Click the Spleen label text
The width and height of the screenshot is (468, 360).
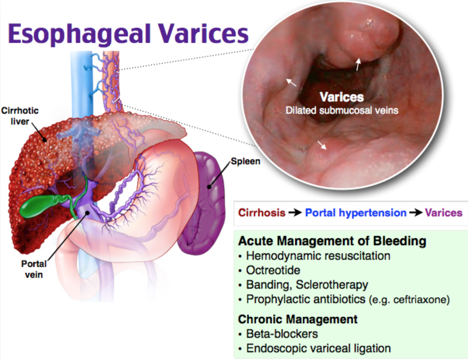[x=246, y=161]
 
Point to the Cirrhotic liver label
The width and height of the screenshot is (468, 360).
[x=20, y=116]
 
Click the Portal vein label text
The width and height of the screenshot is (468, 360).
[x=34, y=269]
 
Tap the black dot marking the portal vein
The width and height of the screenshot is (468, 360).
[x=87, y=213]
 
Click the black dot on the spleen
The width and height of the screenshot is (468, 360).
[x=209, y=187]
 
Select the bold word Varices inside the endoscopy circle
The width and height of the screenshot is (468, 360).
[x=342, y=97]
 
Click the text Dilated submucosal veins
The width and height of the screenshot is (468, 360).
[x=342, y=111]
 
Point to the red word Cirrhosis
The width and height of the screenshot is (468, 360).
[x=262, y=213]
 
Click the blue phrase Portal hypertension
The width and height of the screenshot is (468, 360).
[x=356, y=213]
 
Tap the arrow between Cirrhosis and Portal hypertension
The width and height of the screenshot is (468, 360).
[x=295, y=213]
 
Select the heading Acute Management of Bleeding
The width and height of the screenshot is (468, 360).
[x=332, y=241]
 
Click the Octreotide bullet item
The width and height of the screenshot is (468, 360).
[x=273, y=270]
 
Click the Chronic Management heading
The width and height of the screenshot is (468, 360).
[x=298, y=319]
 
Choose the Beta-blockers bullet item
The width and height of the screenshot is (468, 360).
[x=282, y=334]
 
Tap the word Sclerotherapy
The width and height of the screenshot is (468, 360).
[x=332, y=285]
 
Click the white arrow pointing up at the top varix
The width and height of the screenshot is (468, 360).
[x=358, y=65]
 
